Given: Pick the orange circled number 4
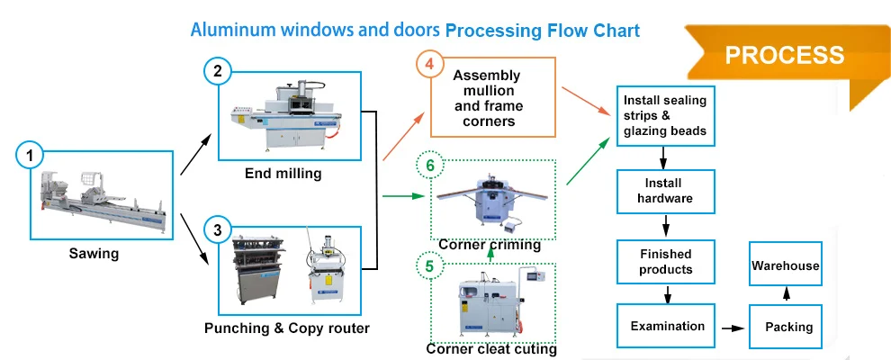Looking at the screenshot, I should pyautogui.click(x=429, y=66).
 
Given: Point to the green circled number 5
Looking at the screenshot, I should pyautogui.click(x=429, y=266).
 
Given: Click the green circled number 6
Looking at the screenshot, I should pyautogui.click(x=429, y=166).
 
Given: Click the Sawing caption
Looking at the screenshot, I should pyautogui.click(x=94, y=254).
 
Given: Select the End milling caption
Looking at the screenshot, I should pyautogui.click(x=283, y=174).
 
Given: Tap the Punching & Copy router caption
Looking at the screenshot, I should pyautogui.click(x=286, y=328).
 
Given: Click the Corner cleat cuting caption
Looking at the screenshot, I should pyautogui.click(x=490, y=348).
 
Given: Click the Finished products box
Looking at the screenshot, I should pyautogui.click(x=665, y=262).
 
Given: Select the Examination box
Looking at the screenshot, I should pyautogui.click(x=667, y=326).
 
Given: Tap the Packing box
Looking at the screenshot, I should pyautogui.click(x=787, y=327).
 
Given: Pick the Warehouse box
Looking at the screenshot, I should pyautogui.click(x=786, y=265).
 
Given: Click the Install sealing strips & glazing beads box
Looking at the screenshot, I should pyautogui.click(x=665, y=116).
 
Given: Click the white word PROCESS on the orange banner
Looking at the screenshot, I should pyautogui.click(x=784, y=55).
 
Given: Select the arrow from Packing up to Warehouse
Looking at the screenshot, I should pyautogui.click(x=787, y=295).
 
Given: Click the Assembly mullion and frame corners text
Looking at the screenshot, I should pyautogui.click(x=488, y=98).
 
